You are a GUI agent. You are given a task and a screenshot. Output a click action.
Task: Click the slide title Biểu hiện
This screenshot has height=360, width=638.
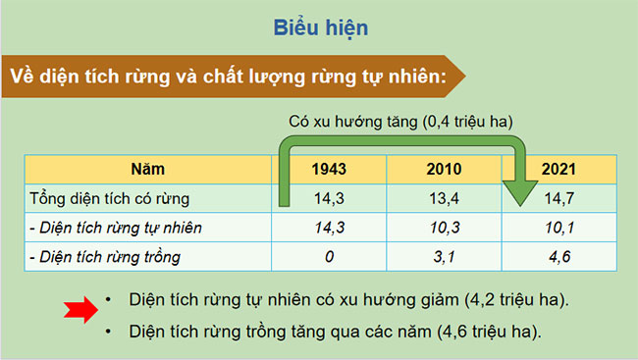(320, 27)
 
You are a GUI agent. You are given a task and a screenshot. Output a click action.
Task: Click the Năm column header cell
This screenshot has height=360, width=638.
(144, 168)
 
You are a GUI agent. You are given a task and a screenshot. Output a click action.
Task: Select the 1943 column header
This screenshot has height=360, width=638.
(328, 168)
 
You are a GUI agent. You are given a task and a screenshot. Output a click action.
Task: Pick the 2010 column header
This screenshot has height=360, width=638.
(444, 168)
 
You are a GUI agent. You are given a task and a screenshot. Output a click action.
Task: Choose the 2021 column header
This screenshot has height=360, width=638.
(558, 168)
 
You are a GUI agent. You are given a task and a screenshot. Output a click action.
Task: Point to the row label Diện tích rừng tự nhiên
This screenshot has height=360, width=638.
(115, 228)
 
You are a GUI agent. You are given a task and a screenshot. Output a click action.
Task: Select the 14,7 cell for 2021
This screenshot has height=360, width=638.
(559, 199)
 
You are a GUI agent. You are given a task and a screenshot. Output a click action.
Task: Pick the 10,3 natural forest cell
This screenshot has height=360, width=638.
(444, 228)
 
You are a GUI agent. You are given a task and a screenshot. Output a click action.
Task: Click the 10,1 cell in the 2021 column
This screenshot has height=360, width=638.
(558, 228)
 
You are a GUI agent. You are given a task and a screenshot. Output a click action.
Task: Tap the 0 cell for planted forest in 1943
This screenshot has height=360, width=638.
(328, 257)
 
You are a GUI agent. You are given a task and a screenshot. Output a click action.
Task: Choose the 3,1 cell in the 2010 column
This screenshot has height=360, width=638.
(444, 257)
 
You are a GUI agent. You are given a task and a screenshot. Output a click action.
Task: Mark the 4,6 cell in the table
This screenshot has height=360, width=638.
(558, 257)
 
